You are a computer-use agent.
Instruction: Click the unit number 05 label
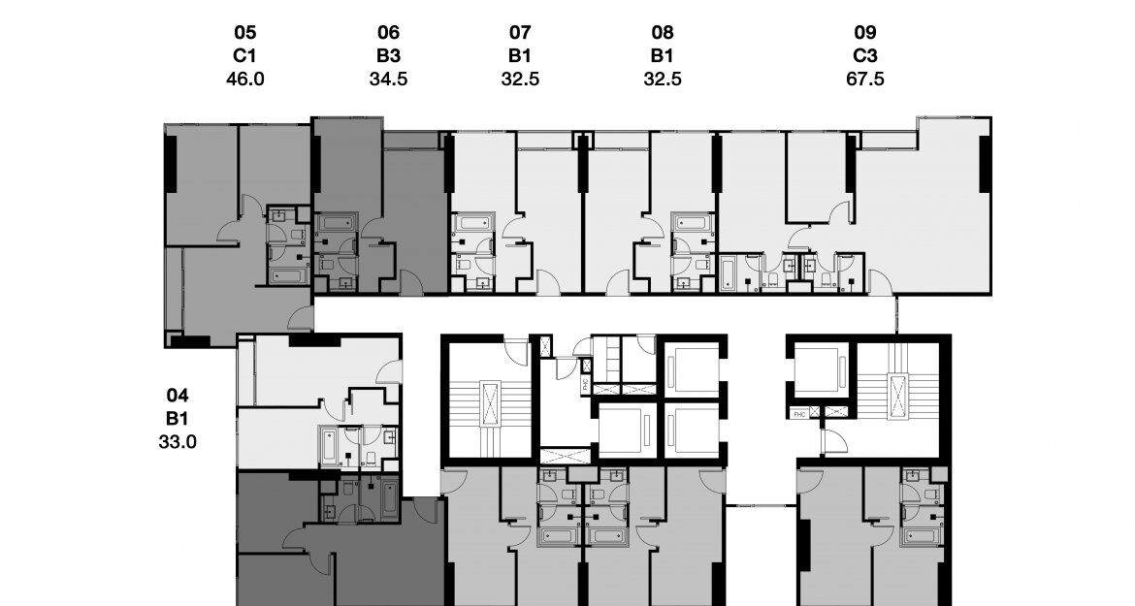coord(244,33)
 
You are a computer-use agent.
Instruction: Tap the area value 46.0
coord(244,79)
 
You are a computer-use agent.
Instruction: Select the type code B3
coord(388,56)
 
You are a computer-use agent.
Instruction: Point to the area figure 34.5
coord(388,79)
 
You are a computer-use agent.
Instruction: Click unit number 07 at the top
coord(520,33)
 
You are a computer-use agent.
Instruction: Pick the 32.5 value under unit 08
coord(663,79)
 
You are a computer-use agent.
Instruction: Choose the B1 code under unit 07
coord(520,56)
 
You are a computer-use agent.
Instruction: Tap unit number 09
coord(865,33)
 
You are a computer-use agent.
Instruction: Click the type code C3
coord(865,56)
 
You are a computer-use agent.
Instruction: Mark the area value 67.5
coord(865,79)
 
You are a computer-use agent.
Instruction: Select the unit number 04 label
coord(177,396)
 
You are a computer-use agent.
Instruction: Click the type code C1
coord(244,56)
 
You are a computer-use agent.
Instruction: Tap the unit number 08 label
coord(663,33)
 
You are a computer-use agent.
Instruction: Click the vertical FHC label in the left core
coord(585,382)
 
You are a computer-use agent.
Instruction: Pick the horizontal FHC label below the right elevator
coord(799,413)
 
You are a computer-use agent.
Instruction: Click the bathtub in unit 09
coord(729,271)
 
